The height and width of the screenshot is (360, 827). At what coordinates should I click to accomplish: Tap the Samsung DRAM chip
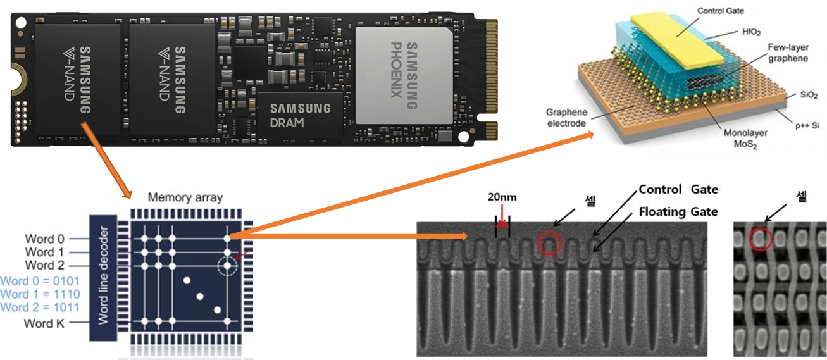(x=300, y=115)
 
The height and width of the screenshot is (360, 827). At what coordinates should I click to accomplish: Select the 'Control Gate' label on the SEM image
(x=678, y=190)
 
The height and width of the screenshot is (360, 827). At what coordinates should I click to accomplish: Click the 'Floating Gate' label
(x=678, y=211)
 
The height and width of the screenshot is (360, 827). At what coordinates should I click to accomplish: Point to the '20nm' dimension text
(x=502, y=197)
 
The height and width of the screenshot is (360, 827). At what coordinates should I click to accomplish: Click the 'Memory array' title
(x=185, y=197)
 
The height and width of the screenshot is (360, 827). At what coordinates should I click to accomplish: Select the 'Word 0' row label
(x=44, y=239)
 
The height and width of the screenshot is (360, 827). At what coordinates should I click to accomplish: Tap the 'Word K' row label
(x=44, y=323)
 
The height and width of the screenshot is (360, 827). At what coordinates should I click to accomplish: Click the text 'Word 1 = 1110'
(x=39, y=294)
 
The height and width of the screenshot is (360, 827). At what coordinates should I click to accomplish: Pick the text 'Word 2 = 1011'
(x=39, y=307)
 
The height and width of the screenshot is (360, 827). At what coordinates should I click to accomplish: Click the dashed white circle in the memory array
(x=227, y=266)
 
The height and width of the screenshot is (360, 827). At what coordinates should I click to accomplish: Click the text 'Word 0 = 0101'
(x=39, y=281)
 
